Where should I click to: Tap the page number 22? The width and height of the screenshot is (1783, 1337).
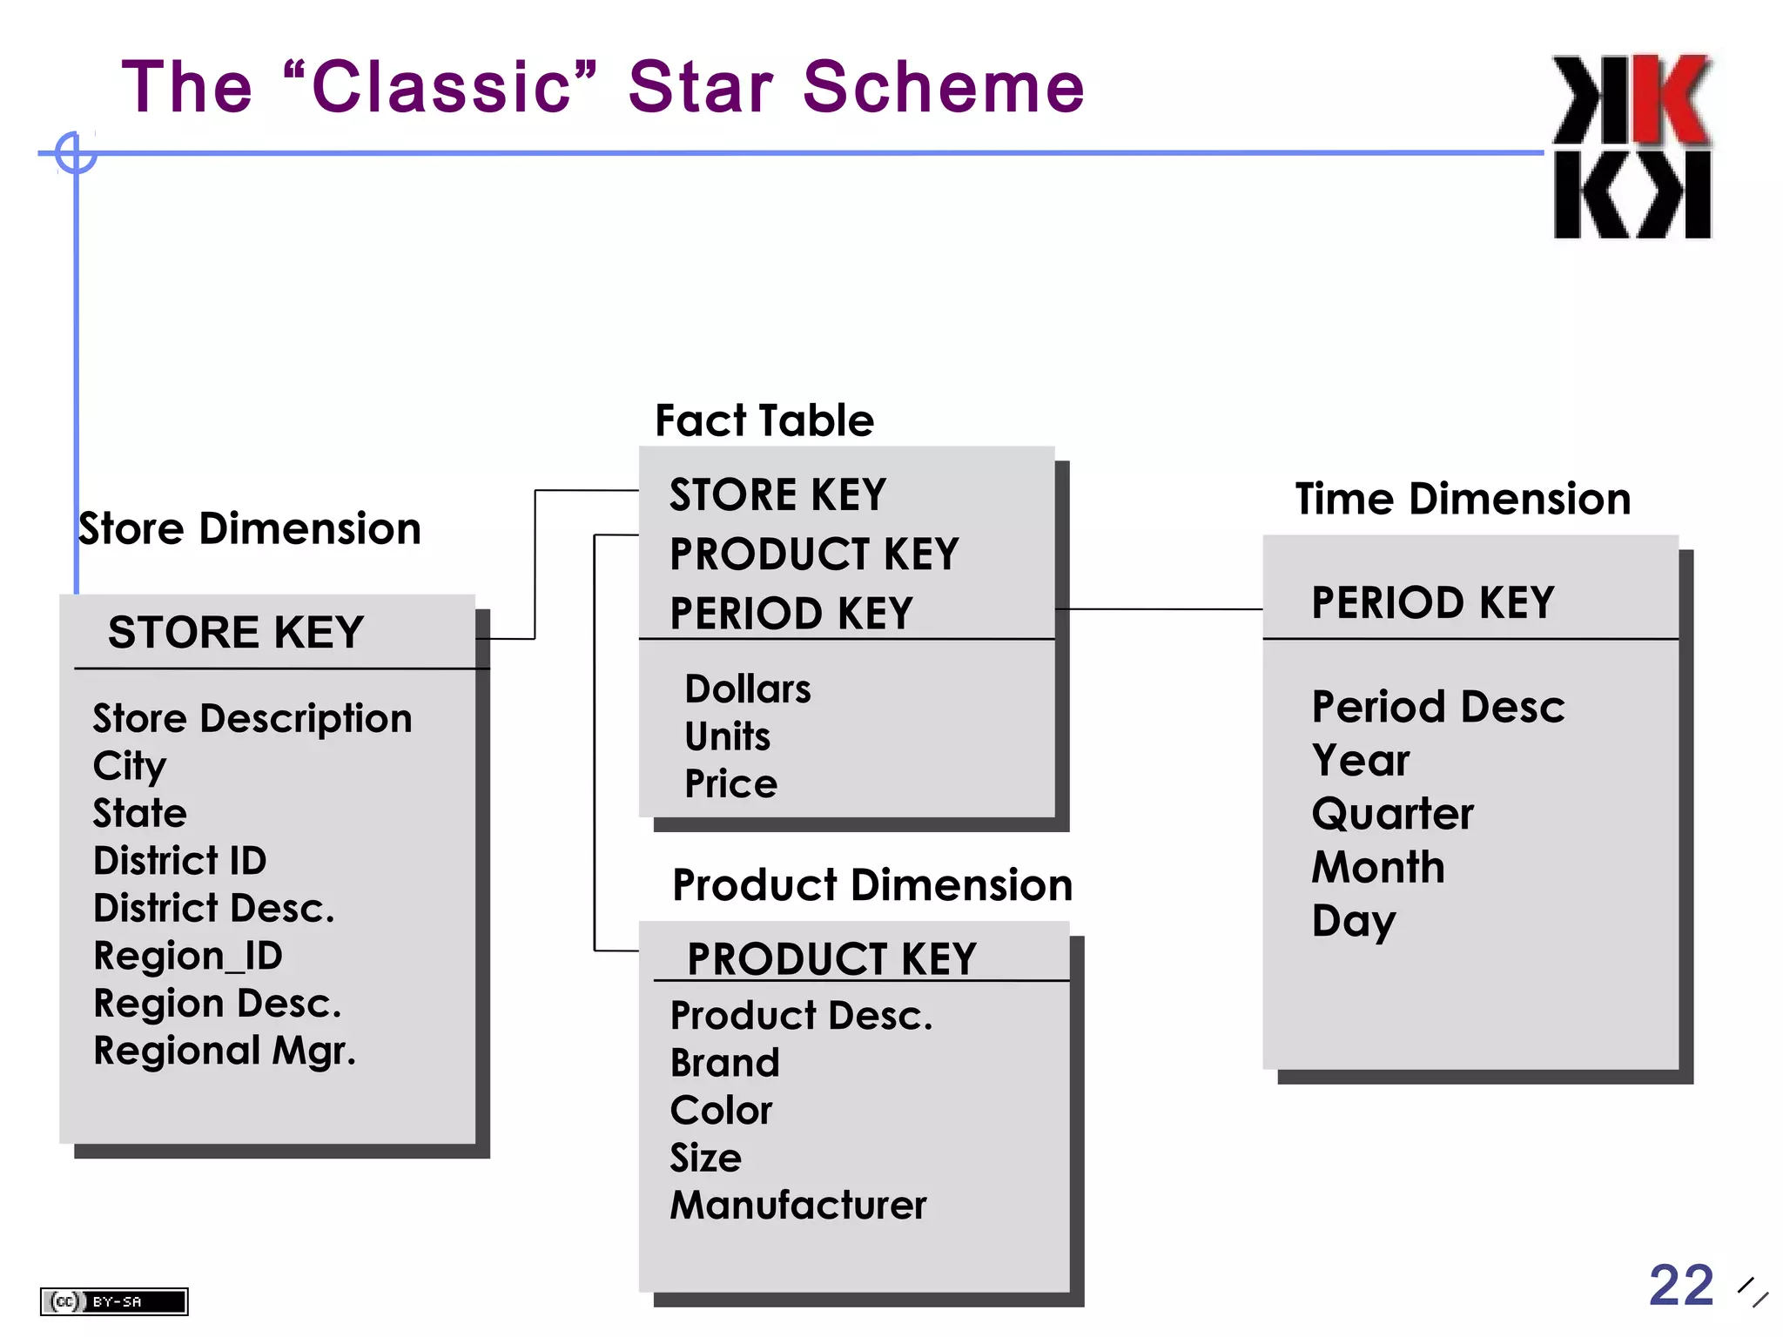pos(1680,1285)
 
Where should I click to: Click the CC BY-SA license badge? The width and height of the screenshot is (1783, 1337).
pos(114,1301)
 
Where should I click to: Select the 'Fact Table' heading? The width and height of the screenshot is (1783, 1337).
pos(764,420)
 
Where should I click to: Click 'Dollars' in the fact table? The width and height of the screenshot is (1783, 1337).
pos(747,689)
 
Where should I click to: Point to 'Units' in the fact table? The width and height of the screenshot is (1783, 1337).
pos(727,736)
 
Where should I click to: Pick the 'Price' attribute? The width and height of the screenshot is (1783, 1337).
pos(730,783)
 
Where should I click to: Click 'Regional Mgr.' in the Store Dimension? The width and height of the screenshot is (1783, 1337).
pos(225,1051)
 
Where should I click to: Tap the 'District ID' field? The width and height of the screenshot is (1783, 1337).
pos(179,861)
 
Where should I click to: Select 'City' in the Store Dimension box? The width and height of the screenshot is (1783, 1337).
pos(129,766)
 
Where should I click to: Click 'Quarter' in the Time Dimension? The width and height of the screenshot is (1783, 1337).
pos(1392,814)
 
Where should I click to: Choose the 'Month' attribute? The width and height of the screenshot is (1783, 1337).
pos(1378,867)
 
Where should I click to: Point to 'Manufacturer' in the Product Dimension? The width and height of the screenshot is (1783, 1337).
pos(797,1206)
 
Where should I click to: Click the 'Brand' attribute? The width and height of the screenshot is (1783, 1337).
pos(724,1063)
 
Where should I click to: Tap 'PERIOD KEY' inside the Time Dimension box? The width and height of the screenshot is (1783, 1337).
pos(1432,602)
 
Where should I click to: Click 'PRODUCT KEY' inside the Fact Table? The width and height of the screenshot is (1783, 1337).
pos(814,554)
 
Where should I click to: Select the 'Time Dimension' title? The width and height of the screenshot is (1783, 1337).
pos(1463,499)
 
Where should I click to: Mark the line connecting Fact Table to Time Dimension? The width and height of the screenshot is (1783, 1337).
pos(1158,609)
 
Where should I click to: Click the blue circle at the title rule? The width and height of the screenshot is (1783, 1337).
pos(76,153)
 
